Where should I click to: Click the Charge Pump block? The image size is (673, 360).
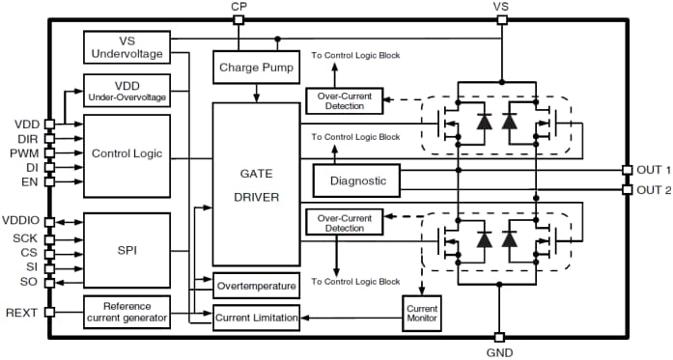(256, 68)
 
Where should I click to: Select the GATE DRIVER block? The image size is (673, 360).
(255, 183)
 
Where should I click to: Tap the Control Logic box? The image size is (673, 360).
(126, 153)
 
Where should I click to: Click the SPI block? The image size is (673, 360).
(126, 248)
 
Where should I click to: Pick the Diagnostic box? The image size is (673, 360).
(356, 180)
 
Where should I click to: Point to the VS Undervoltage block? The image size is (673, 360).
(126, 47)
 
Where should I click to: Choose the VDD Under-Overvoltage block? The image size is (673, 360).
(126, 91)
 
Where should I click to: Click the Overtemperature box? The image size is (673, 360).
(255, 287)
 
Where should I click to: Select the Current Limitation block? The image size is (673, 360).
(255, 316)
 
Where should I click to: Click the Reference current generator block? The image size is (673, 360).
(126, 312)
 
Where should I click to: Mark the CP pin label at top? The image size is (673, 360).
(238, 7)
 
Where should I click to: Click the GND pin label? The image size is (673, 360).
(500, 353)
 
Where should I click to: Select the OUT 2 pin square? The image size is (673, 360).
(627, 189)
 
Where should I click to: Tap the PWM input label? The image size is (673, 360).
(24, 152)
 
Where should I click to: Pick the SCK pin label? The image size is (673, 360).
(24, 236)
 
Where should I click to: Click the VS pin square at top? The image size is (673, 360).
(500, 19)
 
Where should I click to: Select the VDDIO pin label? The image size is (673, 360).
(21, 221)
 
